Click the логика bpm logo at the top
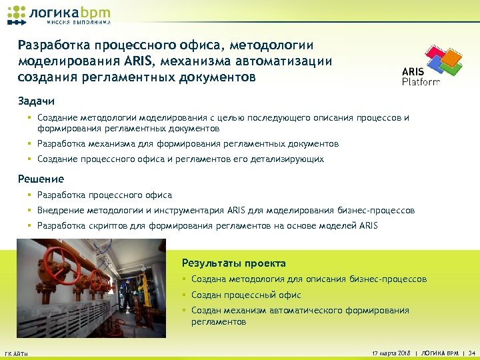[59, 15]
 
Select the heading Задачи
[36, 101]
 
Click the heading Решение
[41, 179]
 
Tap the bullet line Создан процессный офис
[246, 295]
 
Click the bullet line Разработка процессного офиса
[105, 195]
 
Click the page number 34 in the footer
[471, 352]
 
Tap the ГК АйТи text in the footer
[16, 353]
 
